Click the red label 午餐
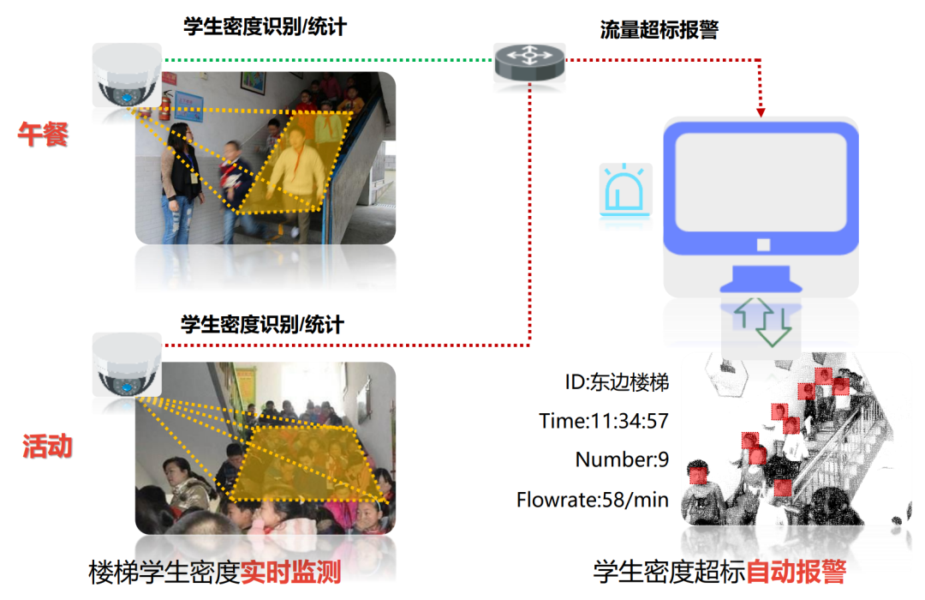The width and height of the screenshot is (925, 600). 43,135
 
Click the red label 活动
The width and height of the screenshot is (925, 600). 47,447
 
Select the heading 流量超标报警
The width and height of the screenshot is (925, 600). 659,30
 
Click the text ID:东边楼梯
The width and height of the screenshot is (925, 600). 617,382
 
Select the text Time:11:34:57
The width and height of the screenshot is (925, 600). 604,421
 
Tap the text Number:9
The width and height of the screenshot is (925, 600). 622,459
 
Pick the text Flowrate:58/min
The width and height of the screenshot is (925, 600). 593,499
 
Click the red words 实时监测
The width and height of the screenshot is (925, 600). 290,572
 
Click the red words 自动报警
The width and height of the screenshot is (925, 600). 796,572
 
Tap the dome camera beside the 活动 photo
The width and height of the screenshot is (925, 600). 126,365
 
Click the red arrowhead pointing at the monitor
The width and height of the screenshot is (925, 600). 760,112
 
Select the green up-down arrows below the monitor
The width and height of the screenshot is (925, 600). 761,322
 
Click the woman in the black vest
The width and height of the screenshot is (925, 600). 182,176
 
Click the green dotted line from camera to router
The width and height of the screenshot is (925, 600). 325,60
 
